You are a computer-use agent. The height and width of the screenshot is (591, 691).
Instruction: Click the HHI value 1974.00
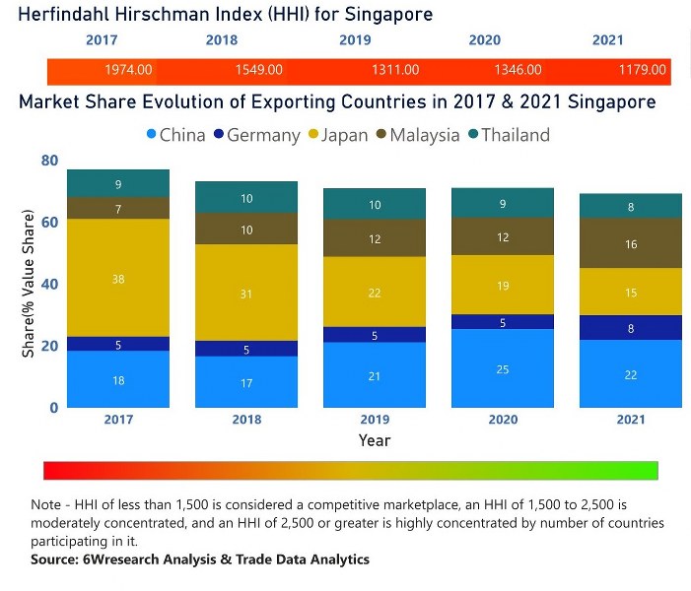pos(128,70)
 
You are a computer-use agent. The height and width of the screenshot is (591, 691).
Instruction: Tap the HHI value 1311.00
pos(395,70)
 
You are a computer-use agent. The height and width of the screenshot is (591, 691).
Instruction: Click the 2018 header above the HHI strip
pos(222,40)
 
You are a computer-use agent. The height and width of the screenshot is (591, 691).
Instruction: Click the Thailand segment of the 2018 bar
pos(246,198)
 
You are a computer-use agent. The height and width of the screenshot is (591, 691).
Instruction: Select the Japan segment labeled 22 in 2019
pos(374,293)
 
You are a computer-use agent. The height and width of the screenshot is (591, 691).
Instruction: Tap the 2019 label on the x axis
pos(374,420)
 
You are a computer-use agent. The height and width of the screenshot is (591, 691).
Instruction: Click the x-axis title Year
pos(374,440)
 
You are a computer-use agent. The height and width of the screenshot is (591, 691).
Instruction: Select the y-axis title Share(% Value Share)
pos(29,284)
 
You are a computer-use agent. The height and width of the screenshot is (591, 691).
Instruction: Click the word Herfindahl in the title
pos(65,15)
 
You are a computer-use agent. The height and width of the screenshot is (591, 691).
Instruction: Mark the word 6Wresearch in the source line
pos(127,559)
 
